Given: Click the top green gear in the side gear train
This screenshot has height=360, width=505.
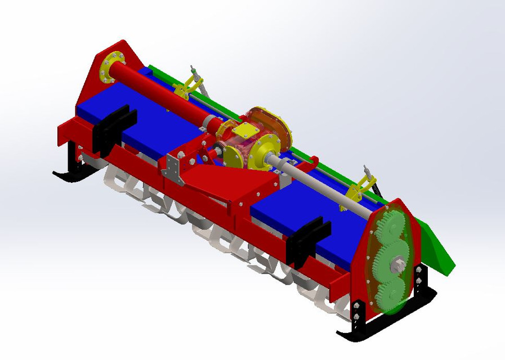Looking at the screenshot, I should point(388,226).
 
